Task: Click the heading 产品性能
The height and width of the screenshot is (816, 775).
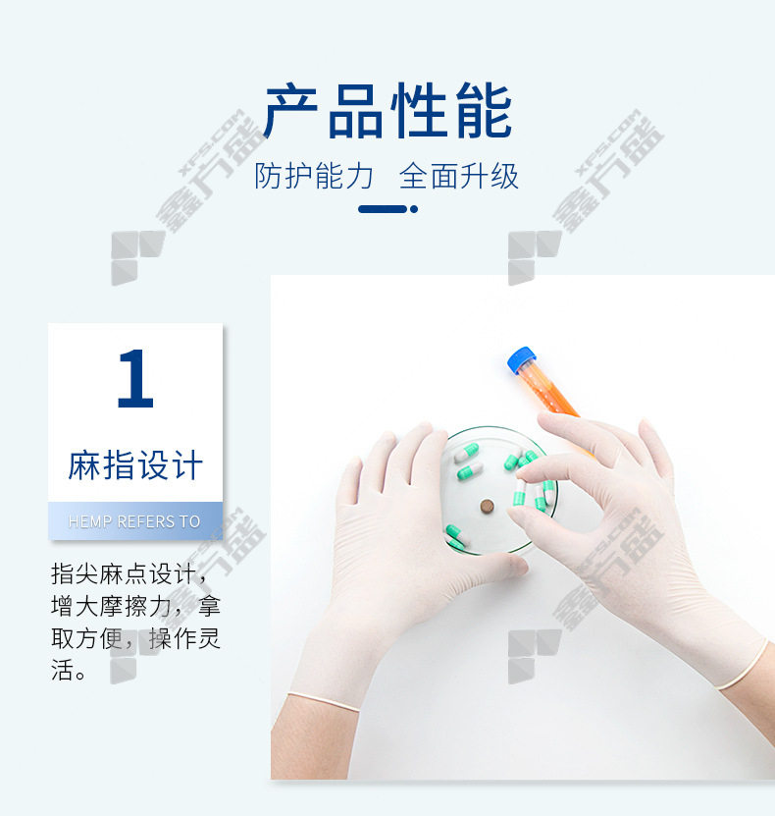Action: (387, 111)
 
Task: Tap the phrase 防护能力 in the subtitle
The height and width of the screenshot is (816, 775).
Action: (314, 176)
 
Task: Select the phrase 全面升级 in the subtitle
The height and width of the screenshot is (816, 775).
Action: (459, 176)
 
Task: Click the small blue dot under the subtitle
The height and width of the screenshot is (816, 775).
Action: (414, 209)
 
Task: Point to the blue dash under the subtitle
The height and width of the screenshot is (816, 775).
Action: (383, 209)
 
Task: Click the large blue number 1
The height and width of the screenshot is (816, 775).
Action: (135, 378)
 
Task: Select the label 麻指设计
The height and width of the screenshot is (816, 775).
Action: (135, 464)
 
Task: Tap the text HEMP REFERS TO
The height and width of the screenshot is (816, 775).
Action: (134, 521)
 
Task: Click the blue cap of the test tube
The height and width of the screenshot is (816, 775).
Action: (521, 359)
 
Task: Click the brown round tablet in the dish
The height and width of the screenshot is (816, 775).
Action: (487, 506)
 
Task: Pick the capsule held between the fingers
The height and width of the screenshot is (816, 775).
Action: (519, 492)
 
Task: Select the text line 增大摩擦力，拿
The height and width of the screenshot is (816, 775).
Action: (136, 607)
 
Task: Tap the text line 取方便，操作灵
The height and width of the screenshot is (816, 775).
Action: (136, 639)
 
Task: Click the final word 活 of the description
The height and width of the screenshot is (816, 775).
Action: (62, 671)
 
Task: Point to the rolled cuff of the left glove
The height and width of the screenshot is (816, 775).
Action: (324, 701)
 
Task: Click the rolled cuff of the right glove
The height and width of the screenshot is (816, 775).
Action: (745, 667)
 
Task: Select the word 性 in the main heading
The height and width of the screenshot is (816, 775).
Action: (419, 111)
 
